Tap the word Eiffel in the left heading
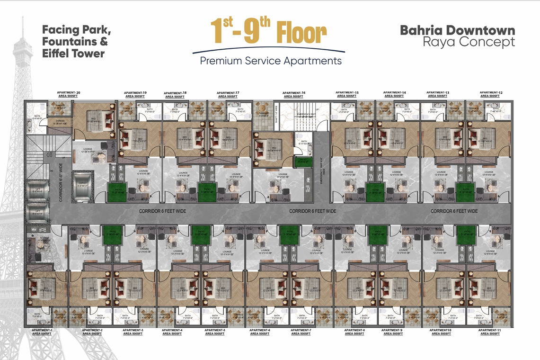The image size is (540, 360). click(x=58, y=53)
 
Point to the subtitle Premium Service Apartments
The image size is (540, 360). click(x=270, y=61)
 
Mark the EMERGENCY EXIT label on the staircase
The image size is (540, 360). click(x=307, y=114)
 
